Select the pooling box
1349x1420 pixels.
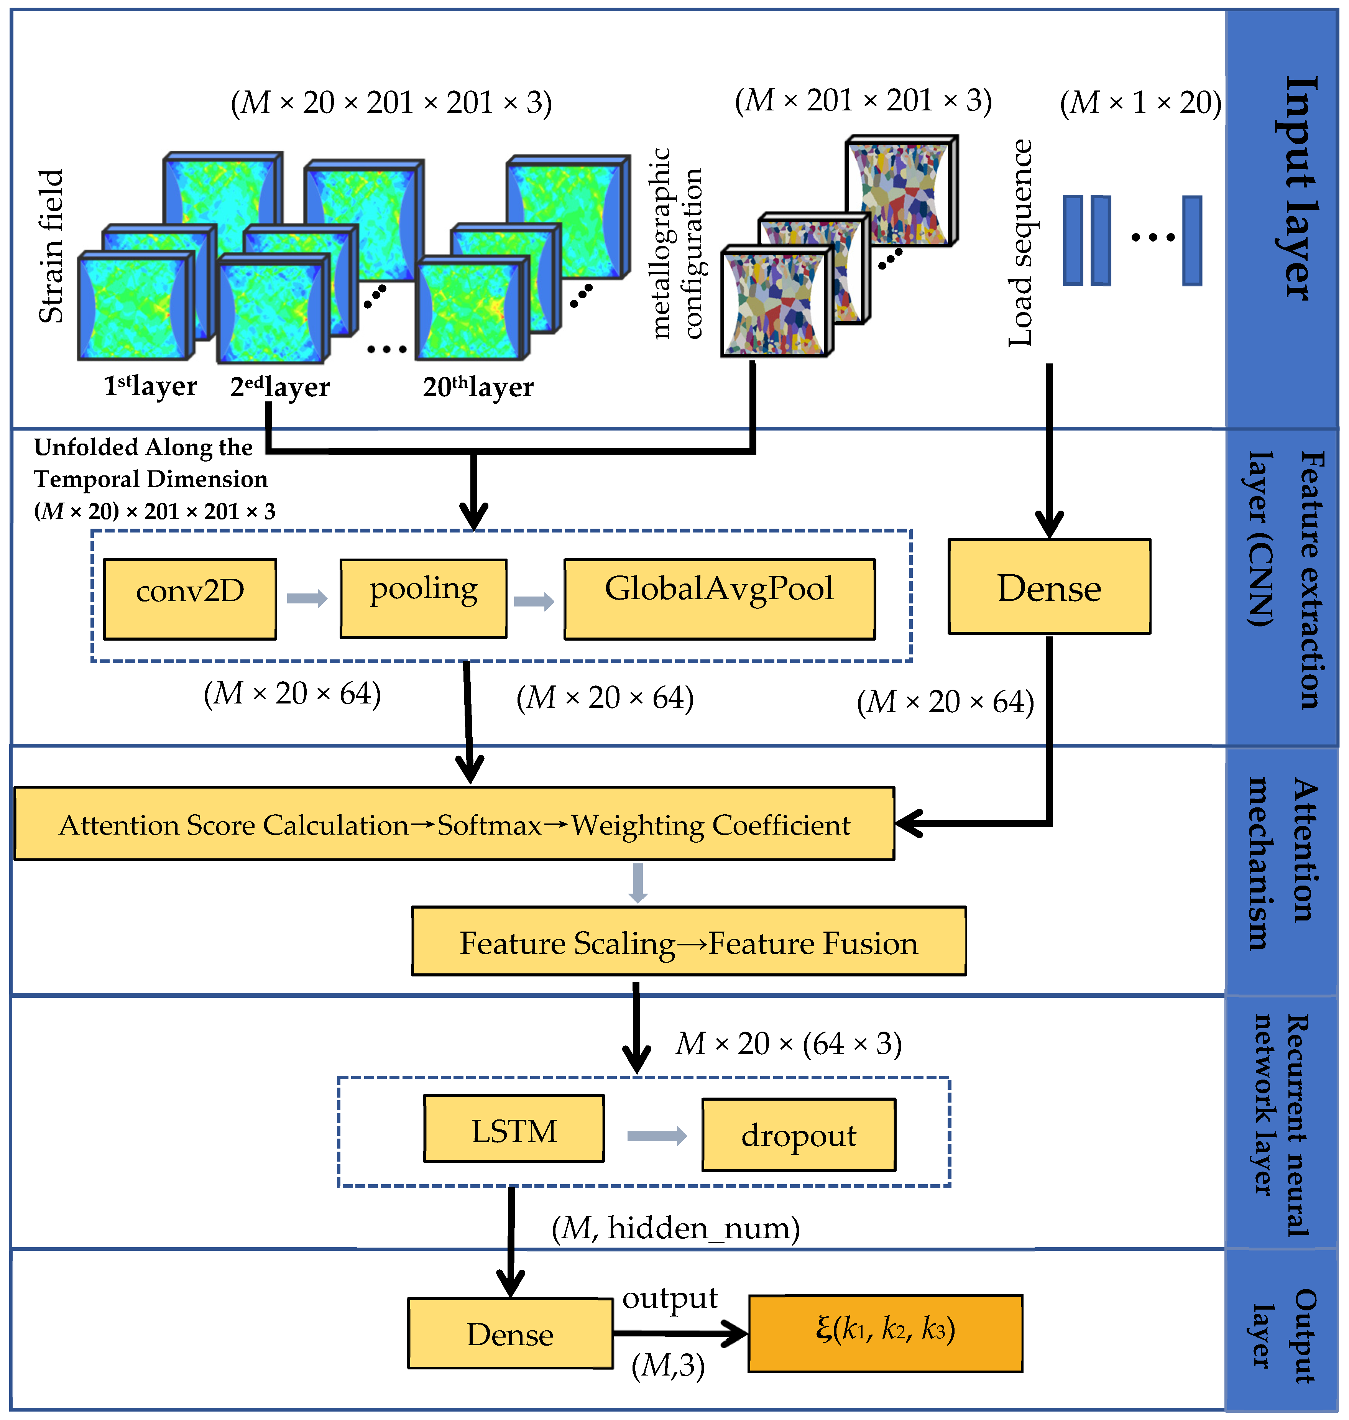click(424, 598)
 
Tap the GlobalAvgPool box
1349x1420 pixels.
click(719, 598)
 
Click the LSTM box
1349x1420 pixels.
click(513, 1128)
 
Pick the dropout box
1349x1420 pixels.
click(798, 1134)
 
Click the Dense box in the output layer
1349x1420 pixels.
click(510, 1333)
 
